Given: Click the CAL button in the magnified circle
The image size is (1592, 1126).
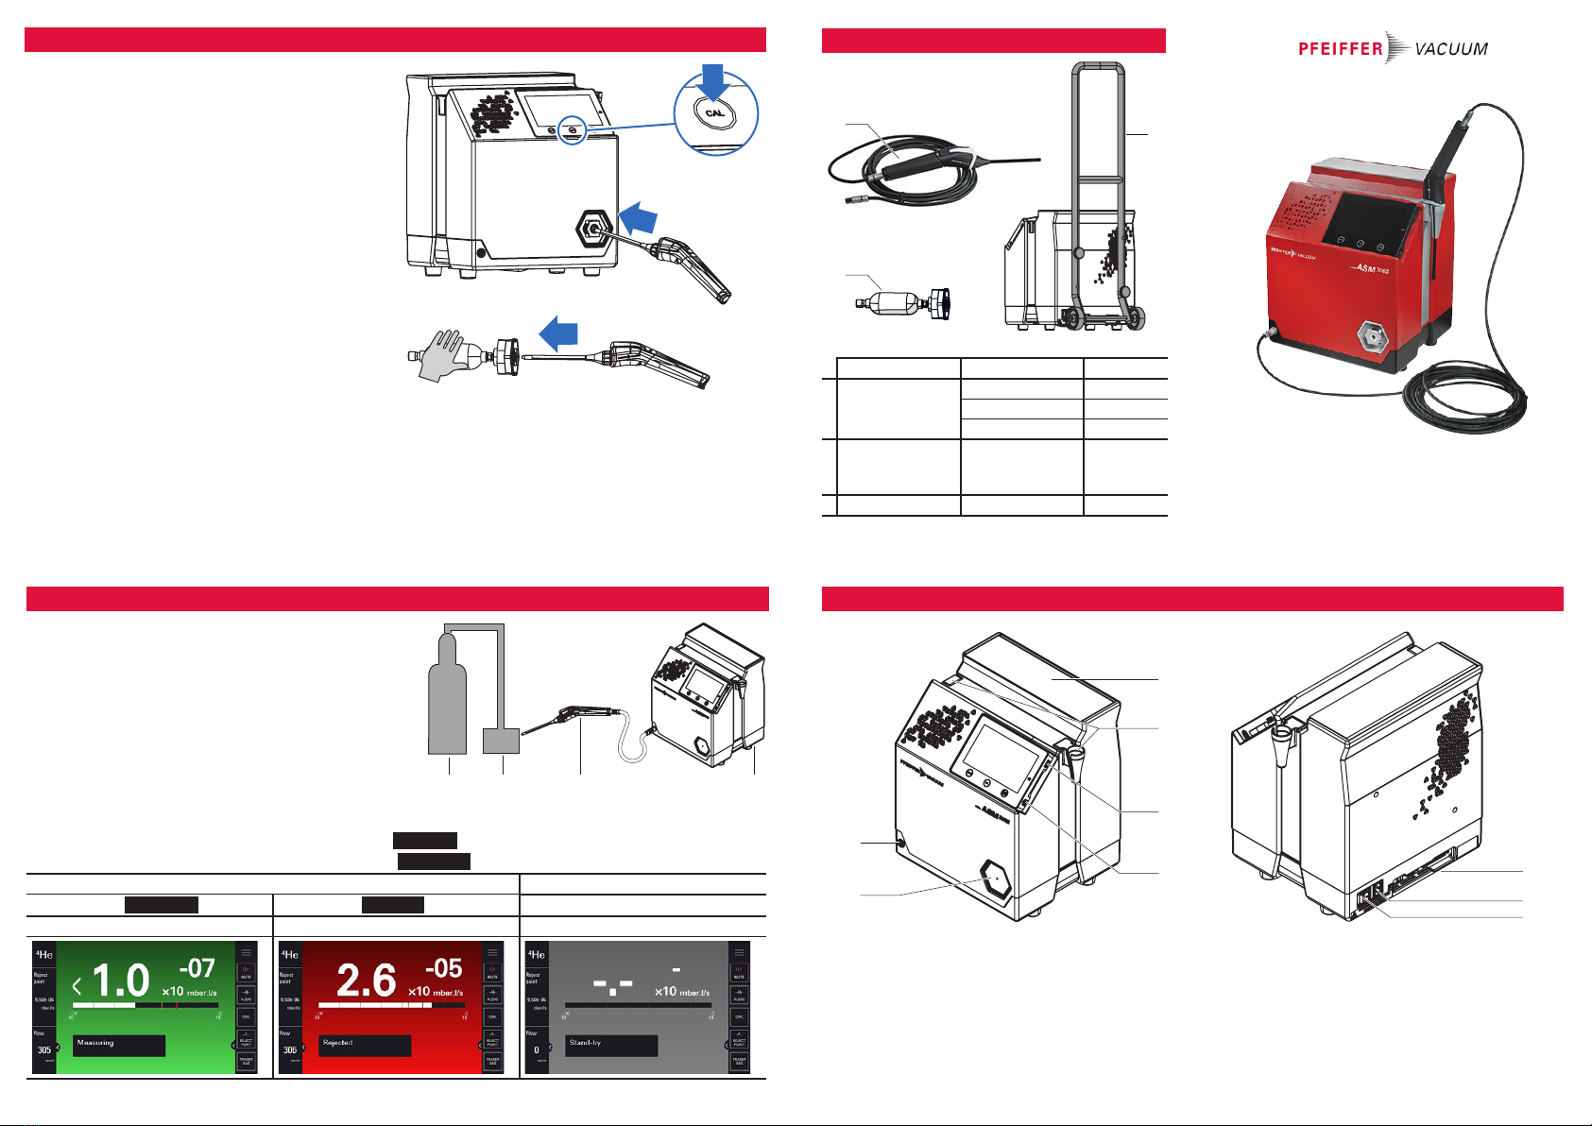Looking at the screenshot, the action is point(714,113).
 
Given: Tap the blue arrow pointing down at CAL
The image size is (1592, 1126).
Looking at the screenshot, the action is point(714,79).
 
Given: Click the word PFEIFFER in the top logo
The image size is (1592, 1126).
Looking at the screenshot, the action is point(1340,49).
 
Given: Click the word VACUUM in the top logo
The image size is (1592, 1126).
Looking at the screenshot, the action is point(1451,49).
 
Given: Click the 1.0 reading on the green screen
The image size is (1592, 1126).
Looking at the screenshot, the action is point(120,981).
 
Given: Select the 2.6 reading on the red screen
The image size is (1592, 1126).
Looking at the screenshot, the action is point(366,981).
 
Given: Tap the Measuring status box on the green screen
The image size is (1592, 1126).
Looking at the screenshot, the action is point(119,1044).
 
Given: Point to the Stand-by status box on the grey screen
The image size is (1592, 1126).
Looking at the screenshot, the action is point(611,1044).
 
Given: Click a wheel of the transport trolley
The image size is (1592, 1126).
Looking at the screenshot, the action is point(1075,317).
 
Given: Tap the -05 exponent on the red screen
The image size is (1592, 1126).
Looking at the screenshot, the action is point(443,968).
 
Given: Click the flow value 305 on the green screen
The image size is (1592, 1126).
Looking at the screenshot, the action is point(44,1049).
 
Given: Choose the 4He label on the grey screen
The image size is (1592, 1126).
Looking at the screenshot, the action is point(536,953).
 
